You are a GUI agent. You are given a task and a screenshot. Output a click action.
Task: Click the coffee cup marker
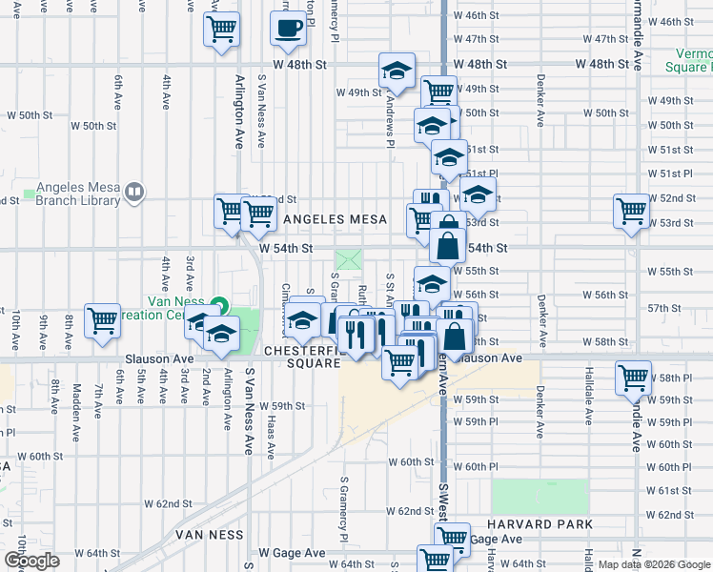[289, 28]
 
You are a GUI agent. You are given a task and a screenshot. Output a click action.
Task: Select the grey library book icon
[134, 193]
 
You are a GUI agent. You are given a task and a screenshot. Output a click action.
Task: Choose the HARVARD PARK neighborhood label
[540, 524]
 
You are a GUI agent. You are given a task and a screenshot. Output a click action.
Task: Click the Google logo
[31, 562]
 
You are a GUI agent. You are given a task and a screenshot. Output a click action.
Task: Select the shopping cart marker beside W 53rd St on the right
[632, 213]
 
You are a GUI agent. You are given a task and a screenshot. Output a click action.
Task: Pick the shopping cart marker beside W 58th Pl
[633, 378]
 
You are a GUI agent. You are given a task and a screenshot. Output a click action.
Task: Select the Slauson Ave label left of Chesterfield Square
[159, 359]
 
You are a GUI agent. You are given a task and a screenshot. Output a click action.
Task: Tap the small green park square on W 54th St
[349, 257]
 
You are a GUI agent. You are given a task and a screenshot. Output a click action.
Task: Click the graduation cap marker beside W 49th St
[397, 71]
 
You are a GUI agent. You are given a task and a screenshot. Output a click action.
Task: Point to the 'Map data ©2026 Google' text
[653, 564]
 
